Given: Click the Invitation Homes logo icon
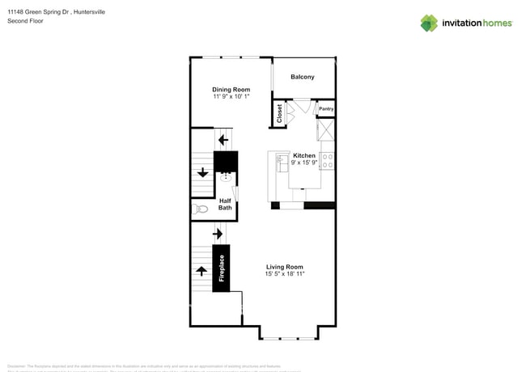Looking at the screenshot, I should coord(429,23).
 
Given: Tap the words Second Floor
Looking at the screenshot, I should coord(26,21).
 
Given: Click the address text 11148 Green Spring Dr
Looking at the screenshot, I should coord(40,12).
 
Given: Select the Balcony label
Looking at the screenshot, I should coord(303,77).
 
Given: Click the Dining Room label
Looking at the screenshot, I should coord(231,90).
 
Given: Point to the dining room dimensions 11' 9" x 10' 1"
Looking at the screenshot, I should coord(231,97).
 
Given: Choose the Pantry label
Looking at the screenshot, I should coord(326,108).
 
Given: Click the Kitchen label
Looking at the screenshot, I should coord(304,155).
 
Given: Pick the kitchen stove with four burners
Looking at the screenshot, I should coord(328,160).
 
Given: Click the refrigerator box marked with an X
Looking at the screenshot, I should coord(326,130).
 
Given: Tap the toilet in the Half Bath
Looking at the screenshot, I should coord(201,209).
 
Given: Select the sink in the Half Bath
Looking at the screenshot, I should coord(225,175).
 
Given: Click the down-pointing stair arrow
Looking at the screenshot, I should coord(201,172).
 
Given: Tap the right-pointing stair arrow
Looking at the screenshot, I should coord(218,235).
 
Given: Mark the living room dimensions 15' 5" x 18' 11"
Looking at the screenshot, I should coord(284,274).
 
